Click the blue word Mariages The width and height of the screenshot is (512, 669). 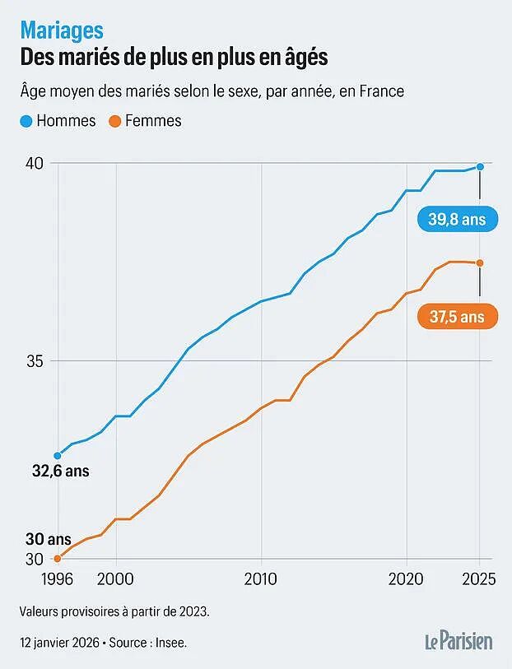(x=62, y=30)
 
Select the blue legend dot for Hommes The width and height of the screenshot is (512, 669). (x=26, y=122)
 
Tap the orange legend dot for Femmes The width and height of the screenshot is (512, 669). (x=114, y=122)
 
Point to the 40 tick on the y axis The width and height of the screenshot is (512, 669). (x=35, y=163)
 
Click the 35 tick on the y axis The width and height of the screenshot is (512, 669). (x=35, y=361)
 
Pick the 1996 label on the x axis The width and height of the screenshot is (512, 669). (x=57, y=579)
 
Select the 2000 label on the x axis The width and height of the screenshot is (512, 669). (x=115, y=579)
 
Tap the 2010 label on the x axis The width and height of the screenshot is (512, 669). (x=261, y=579)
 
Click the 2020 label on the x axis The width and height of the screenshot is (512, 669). (x=406, y=579)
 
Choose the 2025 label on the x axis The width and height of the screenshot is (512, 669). (x=479, y=579)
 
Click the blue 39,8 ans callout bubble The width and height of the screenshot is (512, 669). (x=458, y=220)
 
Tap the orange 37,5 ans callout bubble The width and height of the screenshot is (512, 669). (x=458, y=317)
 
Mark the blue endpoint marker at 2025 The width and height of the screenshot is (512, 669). (x=480, y=166)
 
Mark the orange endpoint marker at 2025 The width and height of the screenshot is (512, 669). (x=480, y=263)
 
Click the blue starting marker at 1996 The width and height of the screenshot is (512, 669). (x=58, y=456)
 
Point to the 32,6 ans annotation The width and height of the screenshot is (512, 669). (x=61, y=471)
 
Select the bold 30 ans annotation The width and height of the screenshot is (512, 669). (x=49, y=539)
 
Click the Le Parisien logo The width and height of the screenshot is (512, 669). (x=458, y=641)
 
